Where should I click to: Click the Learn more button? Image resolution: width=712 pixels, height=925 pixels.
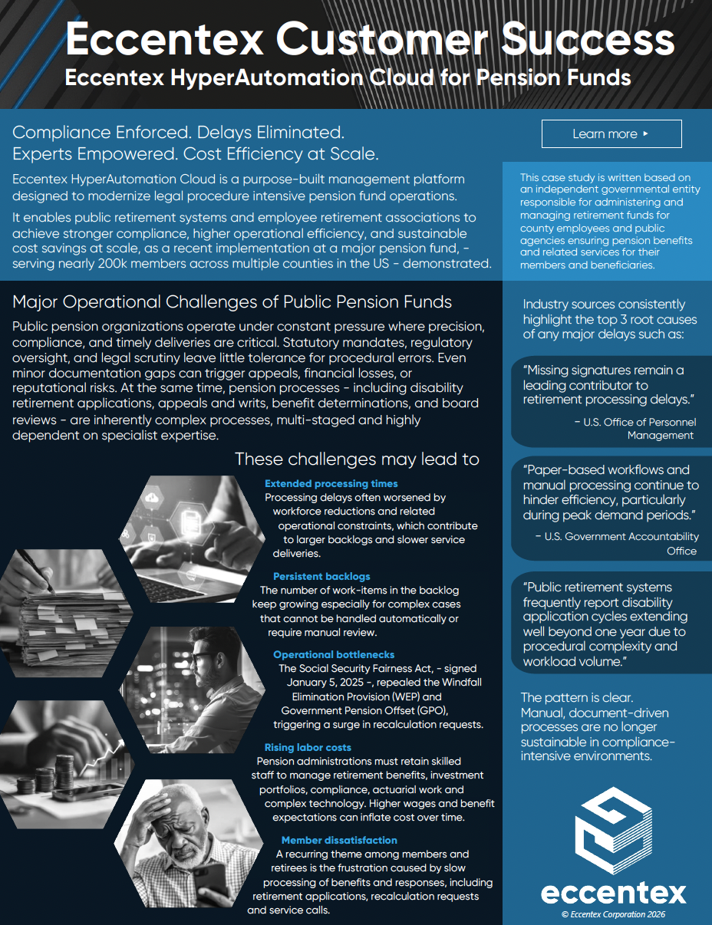611,134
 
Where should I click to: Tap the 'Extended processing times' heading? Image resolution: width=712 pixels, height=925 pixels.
331,483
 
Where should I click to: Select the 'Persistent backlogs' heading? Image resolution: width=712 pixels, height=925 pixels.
321,576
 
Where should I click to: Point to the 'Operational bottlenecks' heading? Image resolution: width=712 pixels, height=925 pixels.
334,654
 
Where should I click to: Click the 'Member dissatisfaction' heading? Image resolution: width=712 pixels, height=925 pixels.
339,840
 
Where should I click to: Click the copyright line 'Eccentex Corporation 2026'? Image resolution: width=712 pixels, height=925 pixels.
613,914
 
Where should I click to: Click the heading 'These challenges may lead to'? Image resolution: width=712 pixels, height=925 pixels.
357,459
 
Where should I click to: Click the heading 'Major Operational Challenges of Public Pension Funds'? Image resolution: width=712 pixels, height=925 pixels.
232,301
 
